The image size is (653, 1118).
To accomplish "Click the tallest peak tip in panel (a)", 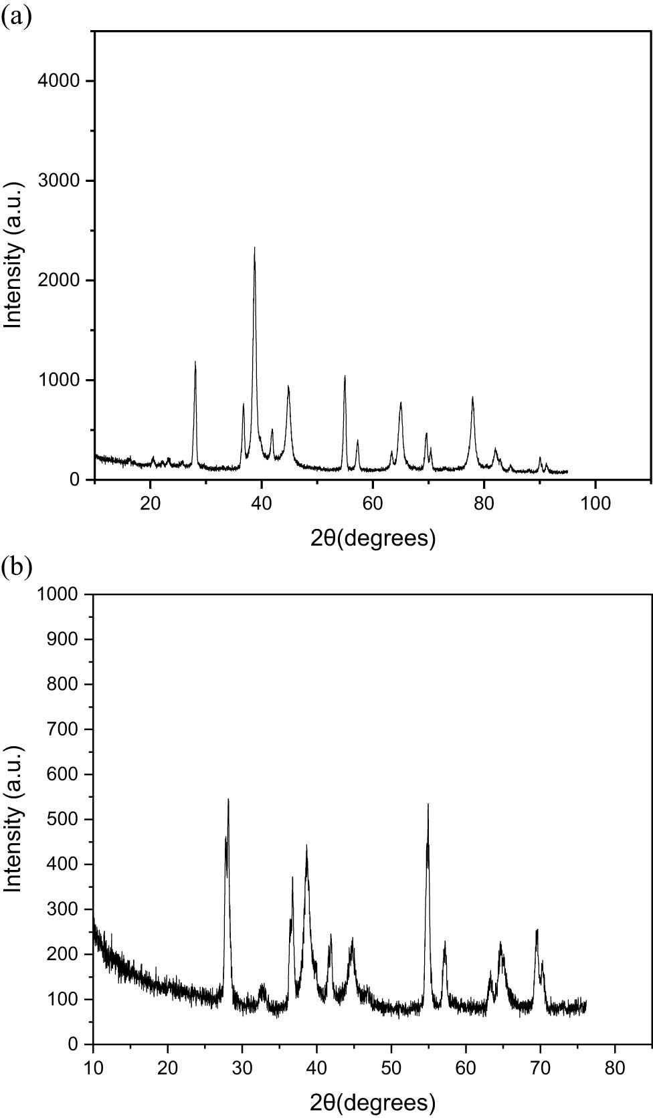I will point(254,248).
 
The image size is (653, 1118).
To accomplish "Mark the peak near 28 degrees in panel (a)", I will point(195,362).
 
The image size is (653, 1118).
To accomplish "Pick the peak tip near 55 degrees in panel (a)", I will point(345,376).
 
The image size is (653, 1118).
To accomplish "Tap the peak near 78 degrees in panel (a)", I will point(472,397).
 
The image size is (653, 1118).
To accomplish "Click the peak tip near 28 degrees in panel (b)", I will point(228,799).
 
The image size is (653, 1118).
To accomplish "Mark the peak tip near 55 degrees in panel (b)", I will point(428,804).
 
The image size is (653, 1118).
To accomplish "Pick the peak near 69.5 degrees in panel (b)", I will point(537,929).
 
